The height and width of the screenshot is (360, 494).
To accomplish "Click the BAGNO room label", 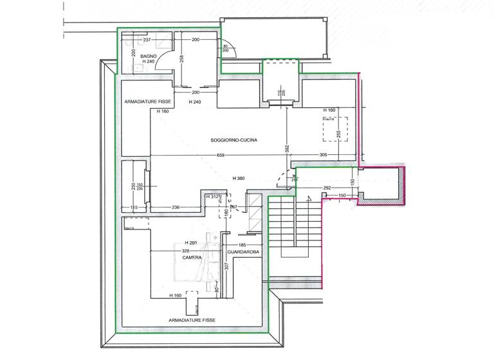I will pos(149,57).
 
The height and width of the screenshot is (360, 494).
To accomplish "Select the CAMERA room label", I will pos(192,257).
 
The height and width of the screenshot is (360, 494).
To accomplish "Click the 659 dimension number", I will pos(220,156).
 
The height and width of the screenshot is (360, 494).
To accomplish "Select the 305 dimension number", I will pos(324,156).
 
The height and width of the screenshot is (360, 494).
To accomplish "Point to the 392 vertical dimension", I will pos(288,148).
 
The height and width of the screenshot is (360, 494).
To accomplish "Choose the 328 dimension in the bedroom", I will pos(186,250).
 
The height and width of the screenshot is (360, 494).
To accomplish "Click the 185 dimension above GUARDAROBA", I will pos(242,246).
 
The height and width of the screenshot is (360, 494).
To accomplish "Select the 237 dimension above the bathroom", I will pos(147,40).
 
